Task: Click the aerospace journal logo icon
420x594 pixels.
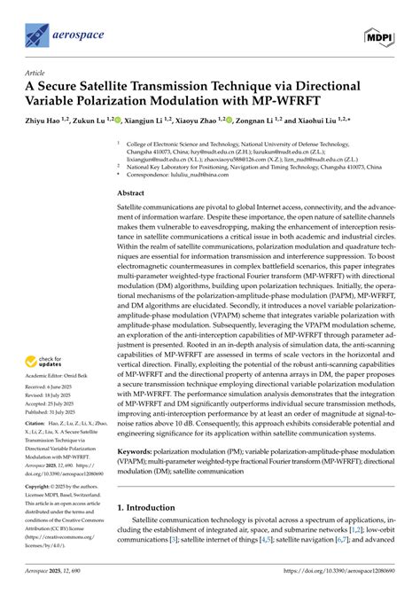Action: pyautogui.click(x=36, y=35)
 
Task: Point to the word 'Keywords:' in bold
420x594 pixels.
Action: pyautogui.click(x=137, y=477)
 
